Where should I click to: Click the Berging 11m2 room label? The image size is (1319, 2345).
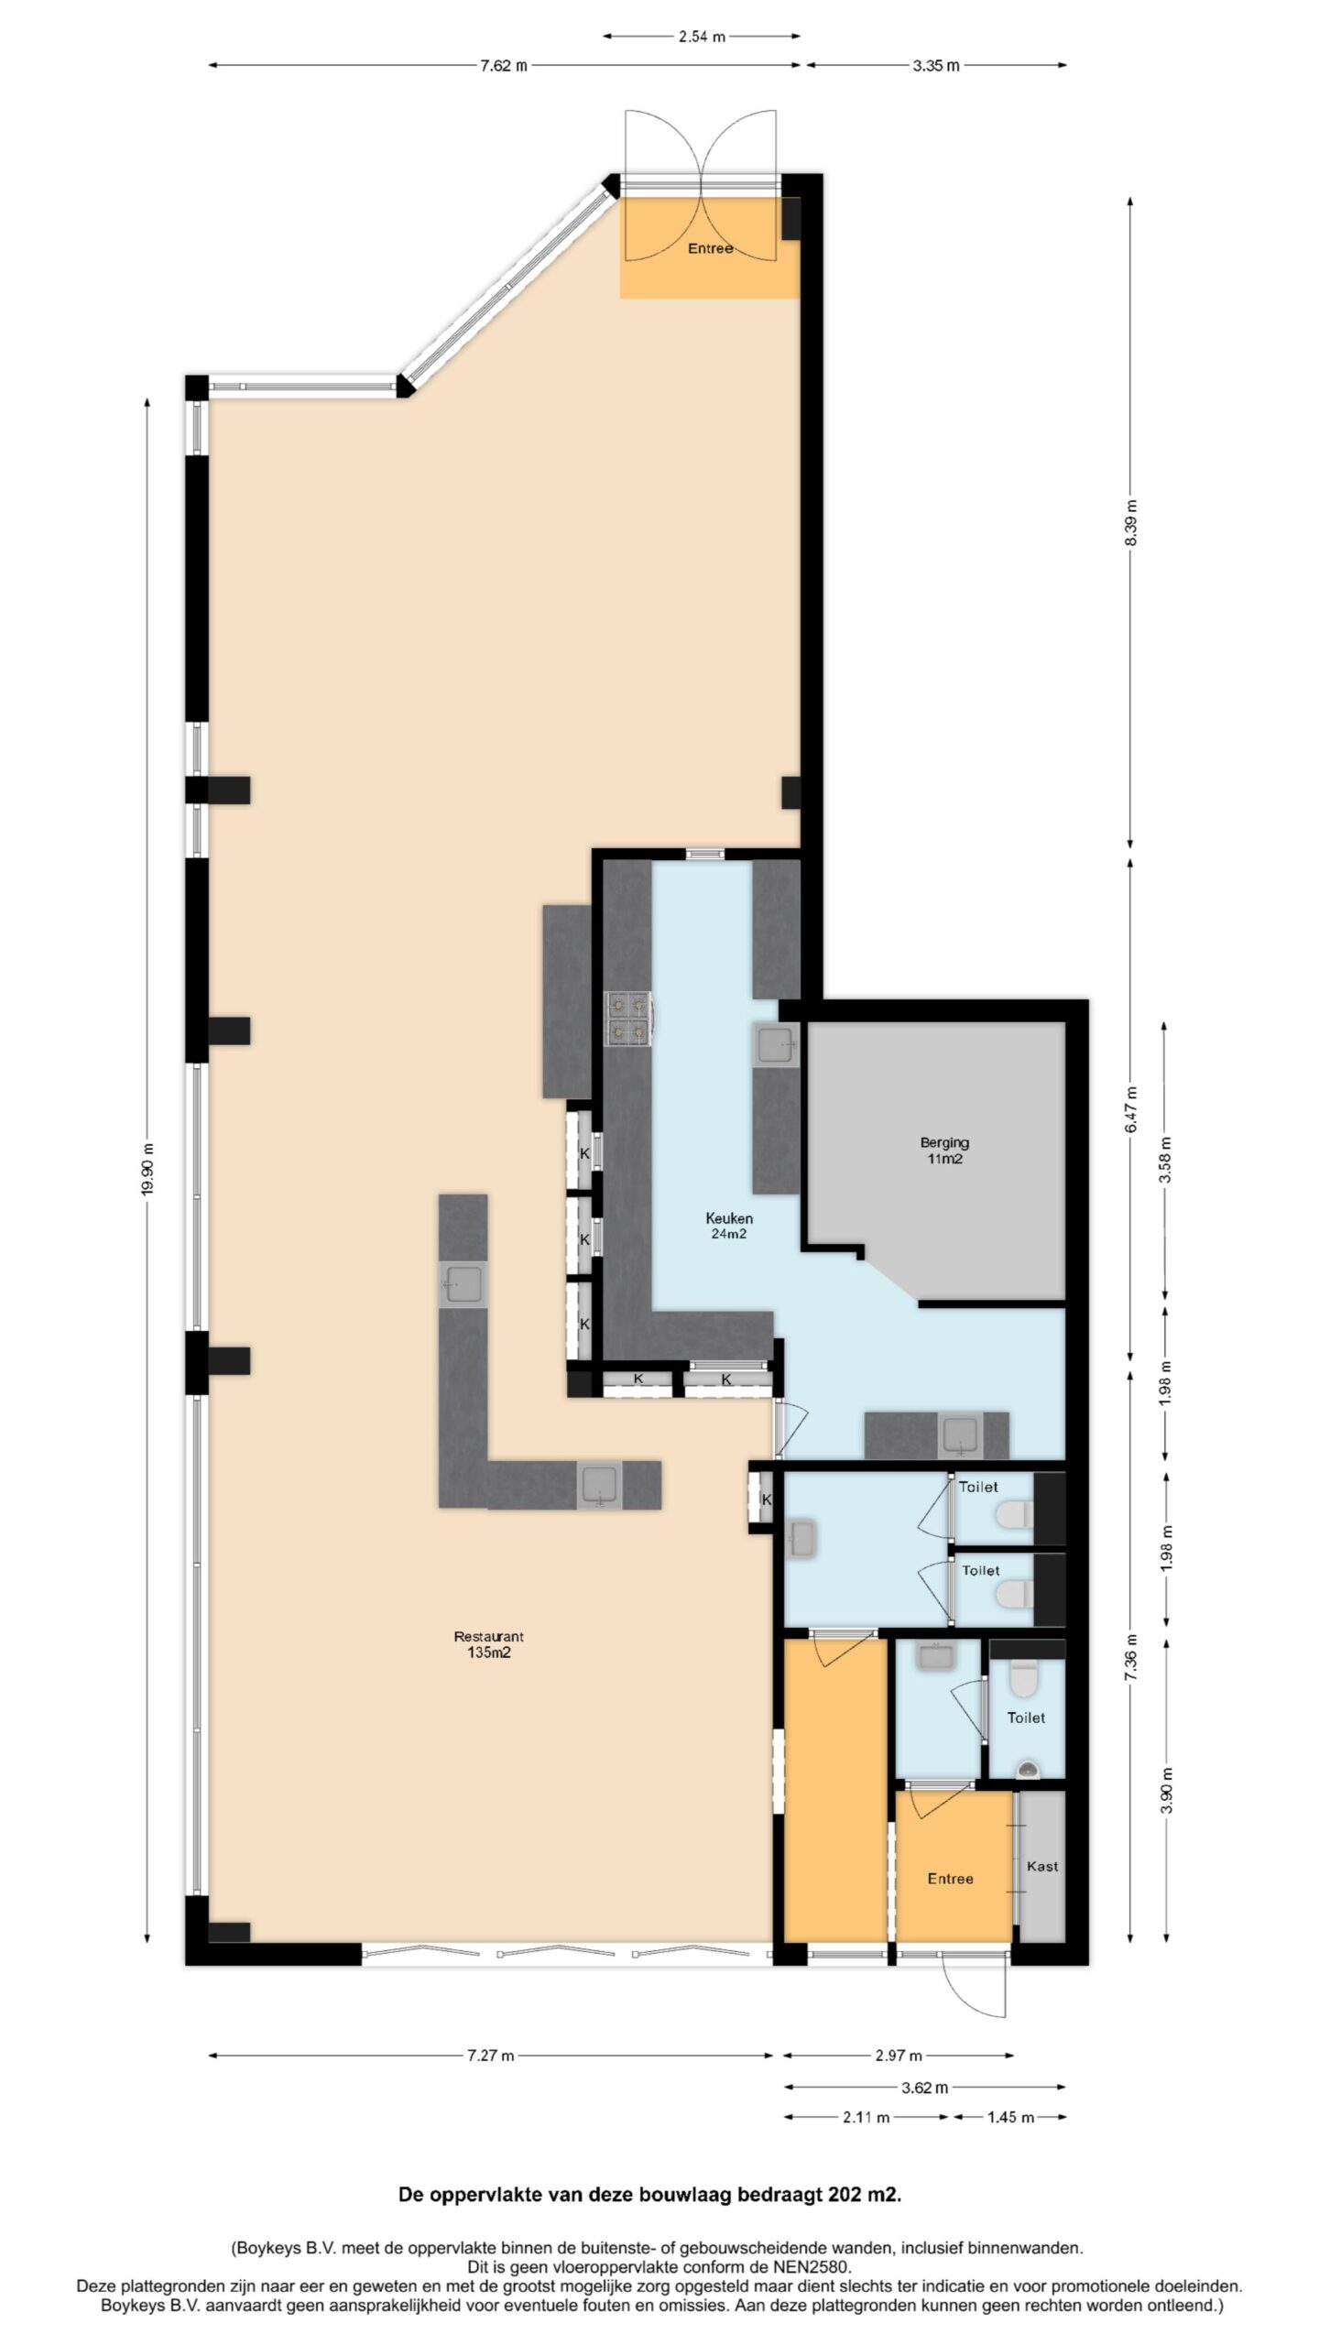[944, 1151]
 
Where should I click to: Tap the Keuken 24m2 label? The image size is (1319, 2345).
[729, 1226]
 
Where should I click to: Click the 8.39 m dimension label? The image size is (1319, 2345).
[1130, 523]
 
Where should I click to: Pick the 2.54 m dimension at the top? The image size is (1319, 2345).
[702, 37]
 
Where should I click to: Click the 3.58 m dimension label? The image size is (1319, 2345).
[1165, 1160]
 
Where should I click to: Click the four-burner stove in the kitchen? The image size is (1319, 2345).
[628, 1019]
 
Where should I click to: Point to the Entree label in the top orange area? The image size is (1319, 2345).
[711, 248]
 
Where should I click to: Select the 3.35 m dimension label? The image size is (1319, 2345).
[935, 65]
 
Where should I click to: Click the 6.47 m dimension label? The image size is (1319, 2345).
[1130, 1109]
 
